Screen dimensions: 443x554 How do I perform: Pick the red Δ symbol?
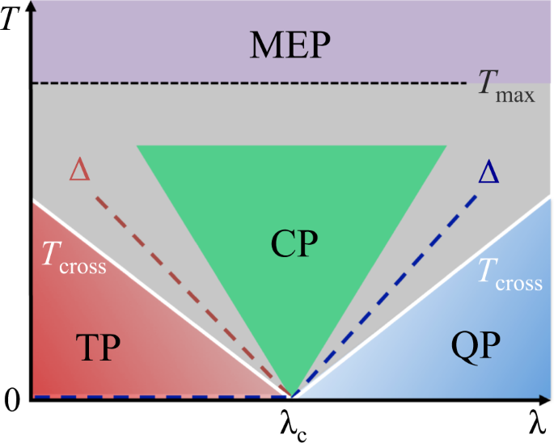[x=80, y=170]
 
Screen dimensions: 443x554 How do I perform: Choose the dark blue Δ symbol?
[x=488, y=172]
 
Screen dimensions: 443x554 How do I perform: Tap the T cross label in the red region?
[x=74, y=261]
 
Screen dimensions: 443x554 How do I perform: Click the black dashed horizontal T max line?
[x=243, y=83]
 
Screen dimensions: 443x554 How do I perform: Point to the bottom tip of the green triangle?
[x=291, y=394]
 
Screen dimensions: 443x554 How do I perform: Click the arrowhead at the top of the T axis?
[x=29, y=6]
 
